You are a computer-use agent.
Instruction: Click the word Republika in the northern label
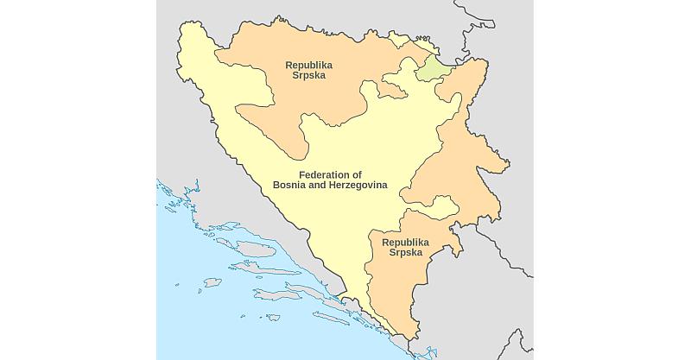(308, 65)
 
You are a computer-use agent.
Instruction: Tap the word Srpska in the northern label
(308, 76)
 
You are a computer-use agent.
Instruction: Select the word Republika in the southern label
(405, 243)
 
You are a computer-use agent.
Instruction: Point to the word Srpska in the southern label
(405, 253)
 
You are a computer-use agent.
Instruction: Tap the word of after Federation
(356, 174)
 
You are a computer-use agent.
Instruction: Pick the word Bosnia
(291, 186)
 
